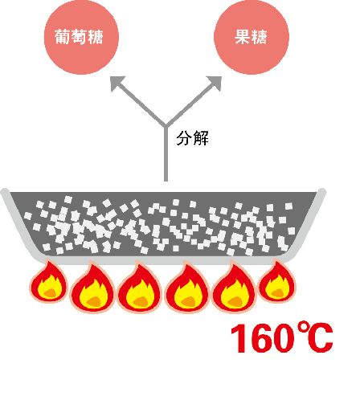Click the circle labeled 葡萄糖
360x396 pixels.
(81, 37)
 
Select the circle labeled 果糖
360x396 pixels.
(252, 37)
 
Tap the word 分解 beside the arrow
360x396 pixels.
(192, 138)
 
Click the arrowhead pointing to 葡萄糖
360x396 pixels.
(117, 83)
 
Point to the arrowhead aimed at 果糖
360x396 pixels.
(215, 83)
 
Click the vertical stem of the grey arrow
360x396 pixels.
(166, 153)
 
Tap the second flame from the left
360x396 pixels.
(93, 288)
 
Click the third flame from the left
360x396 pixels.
(140, 288)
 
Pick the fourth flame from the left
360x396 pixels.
(187, 288)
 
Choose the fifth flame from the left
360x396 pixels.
(234, 288)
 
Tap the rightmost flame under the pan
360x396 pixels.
(277, 282)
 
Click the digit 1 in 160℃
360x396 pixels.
(239, 338)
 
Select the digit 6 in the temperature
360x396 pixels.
(258, 338)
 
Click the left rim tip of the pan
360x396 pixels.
(5, 192)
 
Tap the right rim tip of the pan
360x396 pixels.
(322, 192)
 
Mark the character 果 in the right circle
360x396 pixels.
(243, 37)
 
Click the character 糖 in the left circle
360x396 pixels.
(96, 37)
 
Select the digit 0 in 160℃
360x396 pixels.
(280, 338)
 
